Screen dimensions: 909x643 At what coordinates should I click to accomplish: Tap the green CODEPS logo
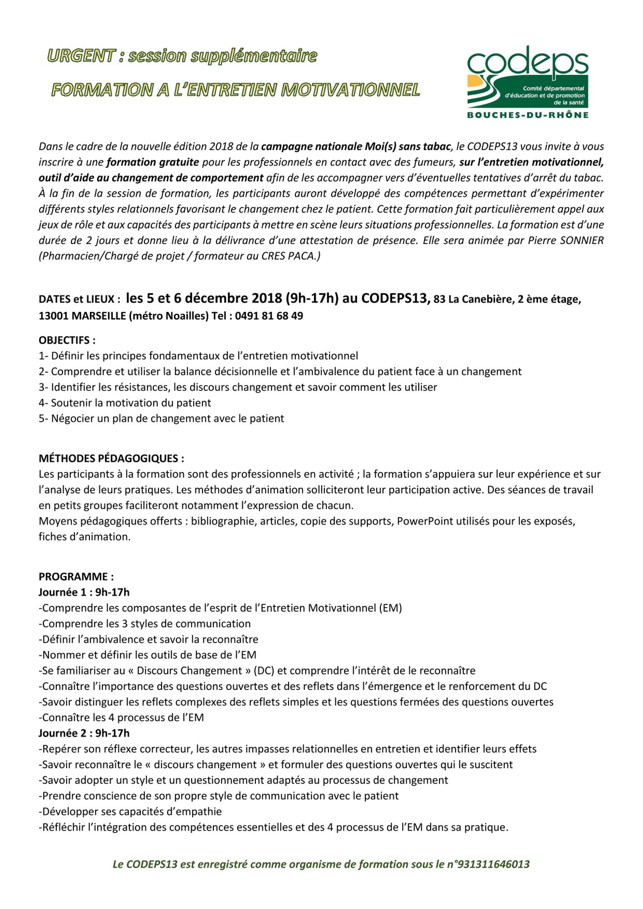pyautogui.click(x=528, y=77)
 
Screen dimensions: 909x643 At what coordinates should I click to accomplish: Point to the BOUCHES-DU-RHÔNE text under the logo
pyautogui.click(x=528, y=115)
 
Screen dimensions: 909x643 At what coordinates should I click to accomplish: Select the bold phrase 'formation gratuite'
pyautogui.click(x=153, y=162)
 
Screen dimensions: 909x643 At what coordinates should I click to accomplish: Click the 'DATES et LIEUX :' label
pyautogui.click(x=80, y=300)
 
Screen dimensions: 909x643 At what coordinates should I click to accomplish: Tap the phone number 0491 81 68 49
pyautogui.click(x=269, y=316)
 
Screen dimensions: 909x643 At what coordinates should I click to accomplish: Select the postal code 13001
pyautogui.click(x=54, y=316)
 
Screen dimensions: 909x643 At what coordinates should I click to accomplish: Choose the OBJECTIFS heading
pyautogui.click(x=67, y=340)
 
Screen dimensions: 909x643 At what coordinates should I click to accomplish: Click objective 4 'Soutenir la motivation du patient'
pyautogui.click(x=125, y=403)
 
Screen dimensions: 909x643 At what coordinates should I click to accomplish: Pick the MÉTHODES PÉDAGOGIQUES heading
pyautogui.click(x=111, y=458)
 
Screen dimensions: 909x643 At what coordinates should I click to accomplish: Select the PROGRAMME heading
pyautogui.click(x=76, y=577)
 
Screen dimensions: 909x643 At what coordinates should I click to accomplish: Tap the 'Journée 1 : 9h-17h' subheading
pyautogui.click(x=84, y=592)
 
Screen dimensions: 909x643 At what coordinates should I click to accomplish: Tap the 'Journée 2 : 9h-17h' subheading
pyautogui.click(x=84, y=733)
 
